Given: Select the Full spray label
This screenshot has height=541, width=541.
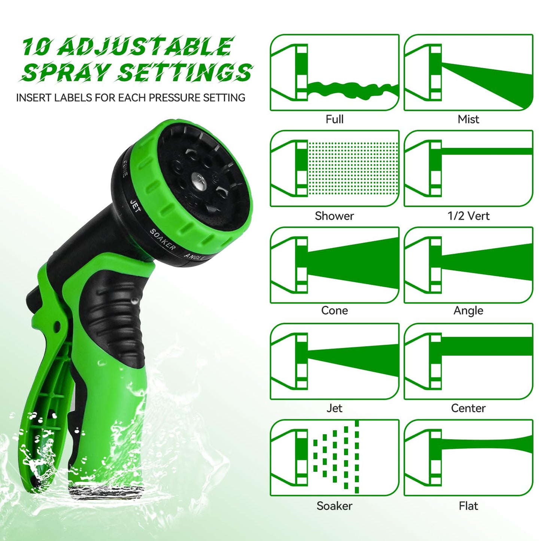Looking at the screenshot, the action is point(334,119).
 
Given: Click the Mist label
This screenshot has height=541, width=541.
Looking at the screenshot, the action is point(468,119).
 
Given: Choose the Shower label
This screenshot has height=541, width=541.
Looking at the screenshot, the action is point(334,216).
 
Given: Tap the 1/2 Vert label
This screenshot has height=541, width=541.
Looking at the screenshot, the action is point(468,216).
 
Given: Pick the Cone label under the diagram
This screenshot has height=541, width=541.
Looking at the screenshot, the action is point(334,310).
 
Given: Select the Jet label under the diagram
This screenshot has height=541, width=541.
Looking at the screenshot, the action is point(334,408).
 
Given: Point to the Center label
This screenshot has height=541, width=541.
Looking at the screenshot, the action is point(468,408).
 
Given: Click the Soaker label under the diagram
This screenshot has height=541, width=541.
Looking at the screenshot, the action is point(334,506).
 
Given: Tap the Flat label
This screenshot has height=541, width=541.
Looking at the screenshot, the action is point(468,506).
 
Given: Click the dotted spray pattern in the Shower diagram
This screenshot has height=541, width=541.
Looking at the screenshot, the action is point(353,168).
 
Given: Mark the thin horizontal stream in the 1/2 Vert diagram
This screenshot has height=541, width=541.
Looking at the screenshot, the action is point(487,151).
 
